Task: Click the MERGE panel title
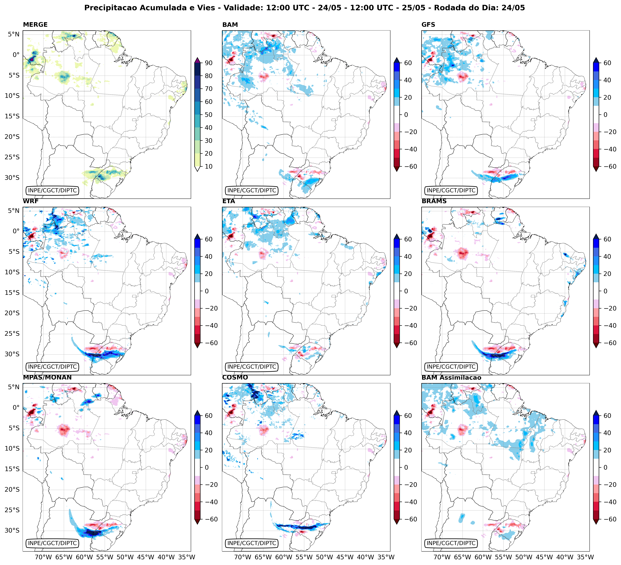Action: coord(35,25)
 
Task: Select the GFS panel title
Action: coord(428,25)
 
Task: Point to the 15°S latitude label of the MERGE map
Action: coord(12,116)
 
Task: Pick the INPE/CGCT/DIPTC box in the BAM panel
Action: coord(252,190)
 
